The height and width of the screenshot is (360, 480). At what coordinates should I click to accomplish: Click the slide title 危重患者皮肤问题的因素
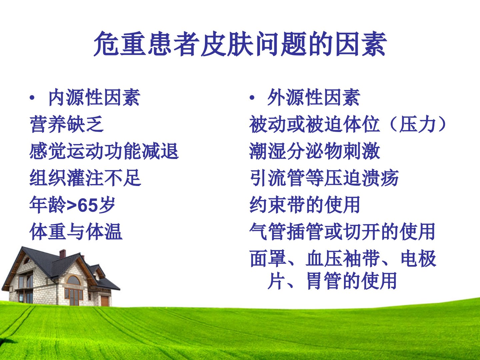[x=240, y=44]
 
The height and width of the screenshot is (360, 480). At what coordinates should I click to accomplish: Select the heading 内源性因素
[x=94, y=97]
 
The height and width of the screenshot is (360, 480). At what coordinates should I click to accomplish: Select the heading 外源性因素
[x=314, y=97]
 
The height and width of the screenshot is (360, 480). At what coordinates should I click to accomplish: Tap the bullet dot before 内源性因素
[x=32, y=98]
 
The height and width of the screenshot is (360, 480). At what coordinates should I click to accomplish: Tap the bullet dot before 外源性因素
[x=252, y=98]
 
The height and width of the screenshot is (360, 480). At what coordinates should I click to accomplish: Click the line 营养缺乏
[x=66, y=124]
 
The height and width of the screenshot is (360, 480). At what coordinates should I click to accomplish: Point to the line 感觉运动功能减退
[x=104, y=151]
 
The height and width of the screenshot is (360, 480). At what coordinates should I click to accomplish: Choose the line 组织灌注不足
[x=85, y=178]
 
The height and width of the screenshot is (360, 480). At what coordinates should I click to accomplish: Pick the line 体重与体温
[x=76, y=232]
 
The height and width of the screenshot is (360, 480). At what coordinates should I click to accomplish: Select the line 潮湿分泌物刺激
[x=314, y=151]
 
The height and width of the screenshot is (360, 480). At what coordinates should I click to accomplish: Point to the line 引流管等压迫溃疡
[x=324, y=178]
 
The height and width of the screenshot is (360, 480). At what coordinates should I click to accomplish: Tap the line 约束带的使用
[x=305, y=205]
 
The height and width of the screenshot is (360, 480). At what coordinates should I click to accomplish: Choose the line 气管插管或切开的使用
[x=342, y=232]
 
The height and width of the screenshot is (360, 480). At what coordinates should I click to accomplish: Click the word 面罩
[x=268, y=259]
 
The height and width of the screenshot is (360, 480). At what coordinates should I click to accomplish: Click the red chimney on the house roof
[x=63, y=254]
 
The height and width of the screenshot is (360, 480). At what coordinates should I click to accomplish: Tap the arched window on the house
[x=73, y=280]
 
